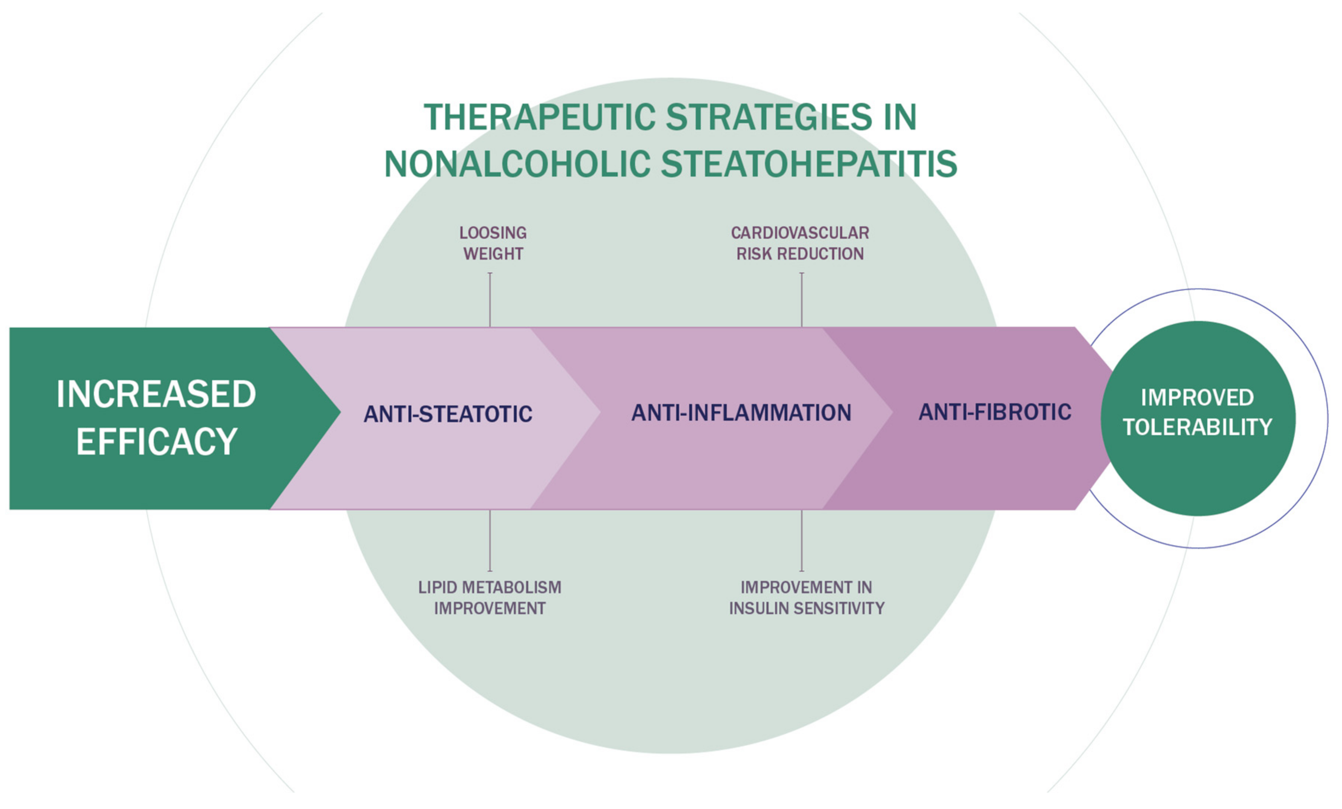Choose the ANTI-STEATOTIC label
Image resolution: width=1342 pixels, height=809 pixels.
point(448,414)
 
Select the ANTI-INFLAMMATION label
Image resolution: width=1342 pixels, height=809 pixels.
point(741,413)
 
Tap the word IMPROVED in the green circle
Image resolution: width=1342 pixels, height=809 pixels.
point(1197,398)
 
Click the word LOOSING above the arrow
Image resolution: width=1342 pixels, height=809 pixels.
point(493,233)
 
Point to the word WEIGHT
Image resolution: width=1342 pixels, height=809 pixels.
point(493,254)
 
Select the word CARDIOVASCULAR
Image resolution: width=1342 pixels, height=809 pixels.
point(800,233)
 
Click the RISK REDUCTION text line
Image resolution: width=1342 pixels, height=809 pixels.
point(800,254)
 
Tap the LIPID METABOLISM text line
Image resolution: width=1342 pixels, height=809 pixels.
point(489,587)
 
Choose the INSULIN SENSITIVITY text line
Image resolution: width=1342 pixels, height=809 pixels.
point(807,608)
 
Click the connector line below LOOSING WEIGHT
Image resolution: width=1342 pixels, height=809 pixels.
point(490,300)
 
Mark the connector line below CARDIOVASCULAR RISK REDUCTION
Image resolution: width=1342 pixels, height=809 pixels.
point(802,300)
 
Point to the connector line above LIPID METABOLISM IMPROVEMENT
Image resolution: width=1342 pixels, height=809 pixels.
point(490,540)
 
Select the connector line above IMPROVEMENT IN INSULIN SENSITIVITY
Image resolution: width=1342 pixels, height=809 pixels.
point(802,540)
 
